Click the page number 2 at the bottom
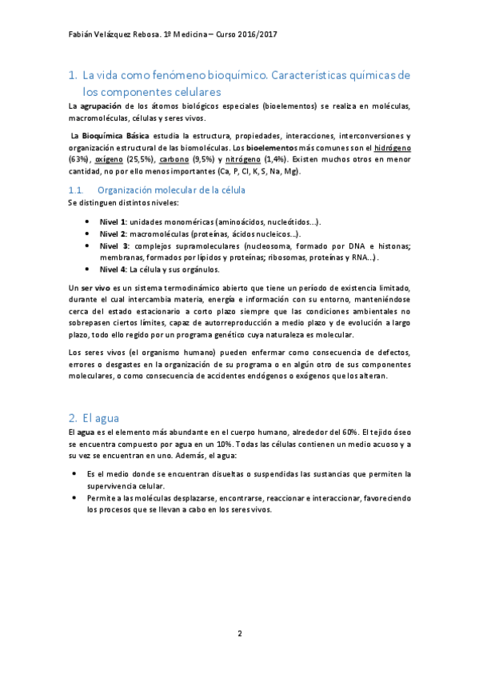[x=239, y=634]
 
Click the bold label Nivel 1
[x=112, y=221]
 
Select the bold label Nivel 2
[x=112, y=233]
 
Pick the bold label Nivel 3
[x=113, y=245]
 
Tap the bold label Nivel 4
[x=112, y=269]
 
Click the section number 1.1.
[x=77, y=190]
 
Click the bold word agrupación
[x=107, y=106]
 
